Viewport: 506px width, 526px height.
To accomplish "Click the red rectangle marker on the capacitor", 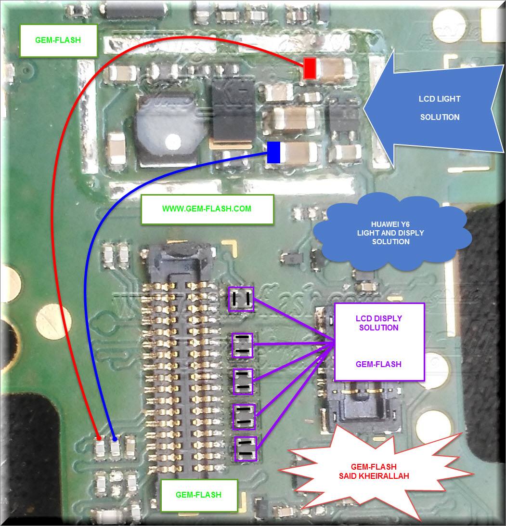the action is [310, 68].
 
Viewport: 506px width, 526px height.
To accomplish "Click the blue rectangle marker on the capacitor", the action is [273, 152].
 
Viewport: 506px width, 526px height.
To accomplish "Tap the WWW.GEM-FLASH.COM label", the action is [207, 209].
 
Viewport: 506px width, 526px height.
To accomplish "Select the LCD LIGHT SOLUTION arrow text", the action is [440, 108].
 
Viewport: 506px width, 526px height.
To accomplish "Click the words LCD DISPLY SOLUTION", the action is [379, 323].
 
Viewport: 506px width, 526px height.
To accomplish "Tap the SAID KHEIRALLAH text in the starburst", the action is [374, 476].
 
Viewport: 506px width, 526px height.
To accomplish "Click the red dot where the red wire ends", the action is [99, 438].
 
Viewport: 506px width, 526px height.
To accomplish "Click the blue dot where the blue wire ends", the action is [115, 439].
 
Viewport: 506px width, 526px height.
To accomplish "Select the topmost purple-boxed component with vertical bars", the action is [241, 299].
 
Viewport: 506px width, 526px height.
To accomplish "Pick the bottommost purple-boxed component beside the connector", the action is [246, 449].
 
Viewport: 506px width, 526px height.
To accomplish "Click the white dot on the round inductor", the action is [173, 142].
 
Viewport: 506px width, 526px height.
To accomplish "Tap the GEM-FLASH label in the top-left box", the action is [58, 40].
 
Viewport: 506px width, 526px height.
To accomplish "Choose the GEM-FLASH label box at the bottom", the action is [199, 495].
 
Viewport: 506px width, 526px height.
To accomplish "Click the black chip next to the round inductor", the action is [234, 111].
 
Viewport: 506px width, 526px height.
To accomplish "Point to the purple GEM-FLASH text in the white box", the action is [378, 364].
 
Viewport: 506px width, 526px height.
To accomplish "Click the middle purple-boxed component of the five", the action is [243, 381].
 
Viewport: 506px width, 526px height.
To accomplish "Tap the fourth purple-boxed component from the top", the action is [244, 417].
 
